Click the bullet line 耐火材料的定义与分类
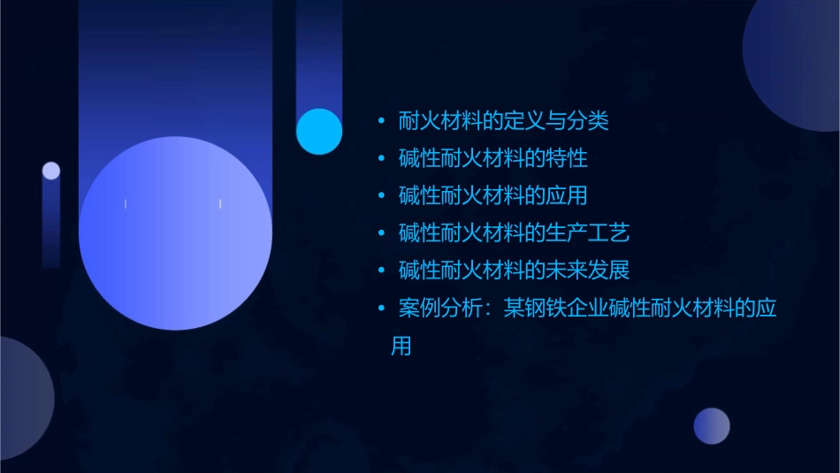point(503,121)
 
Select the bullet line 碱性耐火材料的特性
point(493,159)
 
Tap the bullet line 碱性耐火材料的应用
point(493,195)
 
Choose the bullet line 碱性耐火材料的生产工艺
point(514,233)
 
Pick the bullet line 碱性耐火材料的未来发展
point(514,270)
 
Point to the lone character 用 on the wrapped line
point(401,346)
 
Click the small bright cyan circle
point(319,132)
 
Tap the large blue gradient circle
point(175,233)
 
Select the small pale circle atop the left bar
point(51,171)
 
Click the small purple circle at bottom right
point(712,426)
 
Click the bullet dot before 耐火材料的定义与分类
point(381,122)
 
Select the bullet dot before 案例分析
point(381,309)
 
